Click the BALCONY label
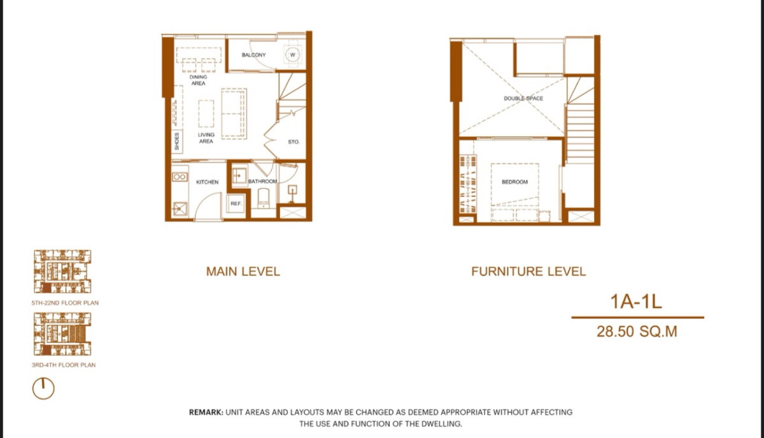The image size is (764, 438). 253,55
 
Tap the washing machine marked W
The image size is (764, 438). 292,54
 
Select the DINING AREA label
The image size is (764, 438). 198,80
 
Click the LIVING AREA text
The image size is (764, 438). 206,138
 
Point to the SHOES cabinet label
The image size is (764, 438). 177,142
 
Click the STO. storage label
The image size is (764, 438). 294,142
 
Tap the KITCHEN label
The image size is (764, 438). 208,182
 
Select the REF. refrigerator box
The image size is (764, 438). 236,203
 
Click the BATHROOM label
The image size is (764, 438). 262,181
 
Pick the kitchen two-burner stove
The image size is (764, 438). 180,177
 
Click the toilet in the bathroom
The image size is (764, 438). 264,198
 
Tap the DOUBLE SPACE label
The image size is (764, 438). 523,98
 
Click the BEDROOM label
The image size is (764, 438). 514,182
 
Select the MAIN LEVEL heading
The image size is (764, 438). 243,272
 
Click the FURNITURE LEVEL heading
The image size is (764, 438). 528,272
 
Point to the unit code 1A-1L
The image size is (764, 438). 636,302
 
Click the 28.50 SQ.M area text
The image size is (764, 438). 637,332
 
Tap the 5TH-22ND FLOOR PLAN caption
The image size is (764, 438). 65,303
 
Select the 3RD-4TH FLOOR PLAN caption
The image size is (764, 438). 64,365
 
